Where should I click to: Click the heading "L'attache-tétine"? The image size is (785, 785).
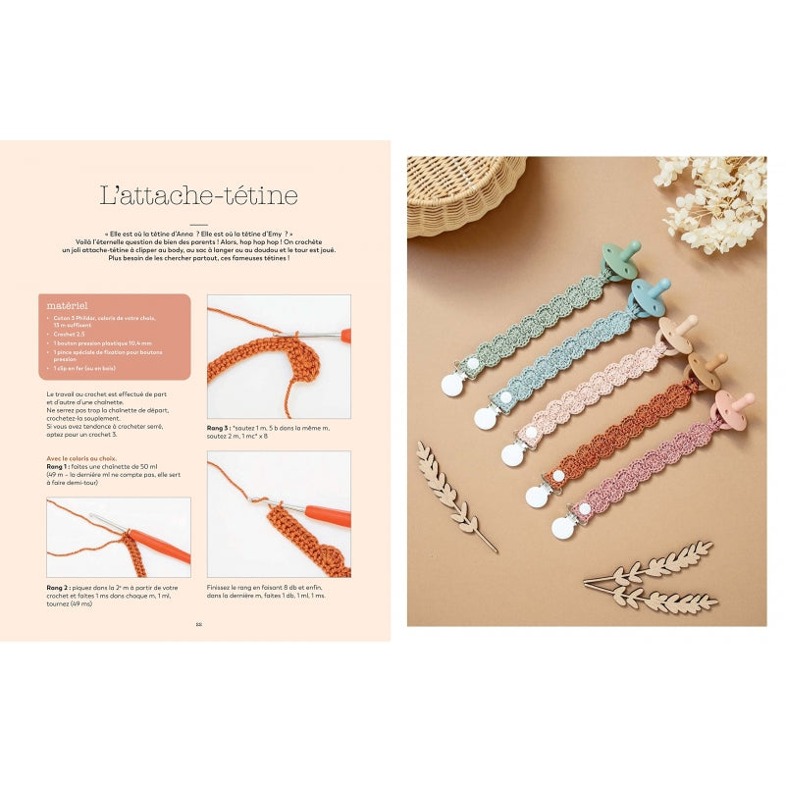(x=199, y=195)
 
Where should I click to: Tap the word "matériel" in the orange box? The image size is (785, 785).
(x=68, y=305)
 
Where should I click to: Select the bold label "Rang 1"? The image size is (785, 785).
(x=59, y=466)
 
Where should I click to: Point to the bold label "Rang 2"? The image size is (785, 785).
(x=60, y=588)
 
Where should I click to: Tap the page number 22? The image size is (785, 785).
(x=198, y=623)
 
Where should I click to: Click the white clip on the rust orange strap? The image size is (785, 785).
(x=539, y=494)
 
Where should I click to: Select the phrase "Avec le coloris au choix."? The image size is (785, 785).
(x=80, y=458)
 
